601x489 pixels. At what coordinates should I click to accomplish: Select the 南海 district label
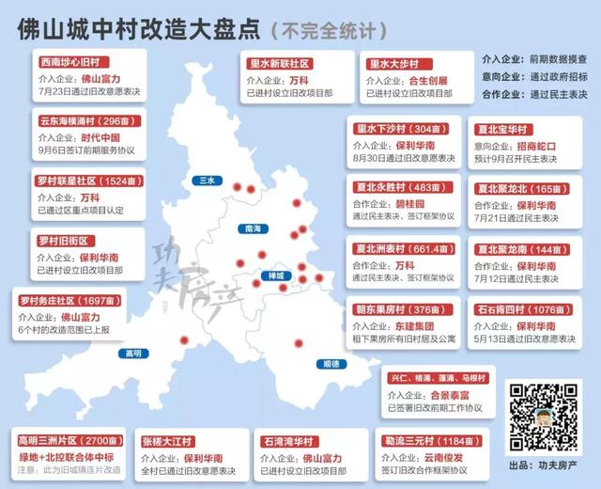click(x=251, y=229)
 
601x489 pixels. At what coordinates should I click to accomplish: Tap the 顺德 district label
click(x=329, y=363)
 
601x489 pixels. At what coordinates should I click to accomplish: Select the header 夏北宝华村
click(x=505, y=130)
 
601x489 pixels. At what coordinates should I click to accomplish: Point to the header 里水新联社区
click(x=280, y=62)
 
